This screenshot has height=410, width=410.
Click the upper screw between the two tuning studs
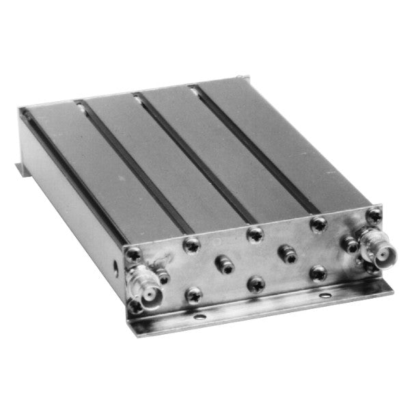[x=255, y=234]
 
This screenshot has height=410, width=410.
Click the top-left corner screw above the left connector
[x=133, y=254]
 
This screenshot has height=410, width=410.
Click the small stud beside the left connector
[x=164, y=276]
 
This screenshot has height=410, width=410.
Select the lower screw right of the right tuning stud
[x=318, y=273]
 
